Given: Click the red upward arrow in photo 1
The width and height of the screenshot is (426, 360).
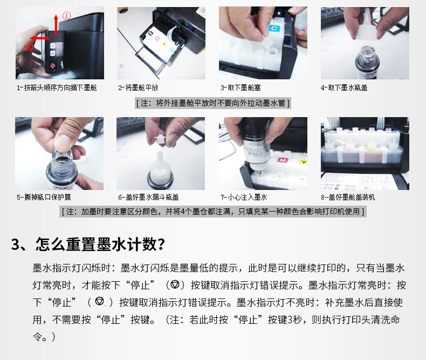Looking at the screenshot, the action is point(56,25).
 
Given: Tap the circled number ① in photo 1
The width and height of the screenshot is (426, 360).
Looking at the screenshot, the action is point(66,16).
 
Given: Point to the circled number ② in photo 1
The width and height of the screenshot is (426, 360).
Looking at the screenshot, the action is point(29,47).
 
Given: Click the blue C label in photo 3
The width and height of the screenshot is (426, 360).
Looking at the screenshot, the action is point(274,28).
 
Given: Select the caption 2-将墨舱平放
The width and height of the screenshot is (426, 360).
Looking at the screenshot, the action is point(138,87).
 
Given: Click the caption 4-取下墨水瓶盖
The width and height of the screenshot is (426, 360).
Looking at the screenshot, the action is point(344,87).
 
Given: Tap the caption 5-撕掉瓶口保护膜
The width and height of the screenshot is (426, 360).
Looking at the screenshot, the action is point(44,197).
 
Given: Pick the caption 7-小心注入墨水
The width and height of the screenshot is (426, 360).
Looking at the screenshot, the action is point(244,197).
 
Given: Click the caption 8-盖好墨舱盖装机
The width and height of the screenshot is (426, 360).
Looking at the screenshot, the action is point(348,197).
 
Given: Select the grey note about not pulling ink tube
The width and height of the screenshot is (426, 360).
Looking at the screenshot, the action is point(213,103).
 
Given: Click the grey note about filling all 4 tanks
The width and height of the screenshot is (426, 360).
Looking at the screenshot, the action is point(213,212).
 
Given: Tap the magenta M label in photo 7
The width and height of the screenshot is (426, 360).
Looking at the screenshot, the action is point(282,160).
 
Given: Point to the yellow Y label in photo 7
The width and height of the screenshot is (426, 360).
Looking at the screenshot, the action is point(303,162).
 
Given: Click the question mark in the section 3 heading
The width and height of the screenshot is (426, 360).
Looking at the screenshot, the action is point(161,244).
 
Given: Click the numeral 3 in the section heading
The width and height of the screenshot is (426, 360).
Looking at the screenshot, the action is point(15,244).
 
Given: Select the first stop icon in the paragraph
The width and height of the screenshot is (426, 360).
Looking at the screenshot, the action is point(175,284).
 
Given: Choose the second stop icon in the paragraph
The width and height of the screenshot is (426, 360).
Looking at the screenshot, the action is point(100,302).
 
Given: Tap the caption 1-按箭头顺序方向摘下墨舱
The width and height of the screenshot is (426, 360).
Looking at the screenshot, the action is point(57,87).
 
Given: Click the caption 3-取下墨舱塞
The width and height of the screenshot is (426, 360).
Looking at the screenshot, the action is point(241,87).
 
